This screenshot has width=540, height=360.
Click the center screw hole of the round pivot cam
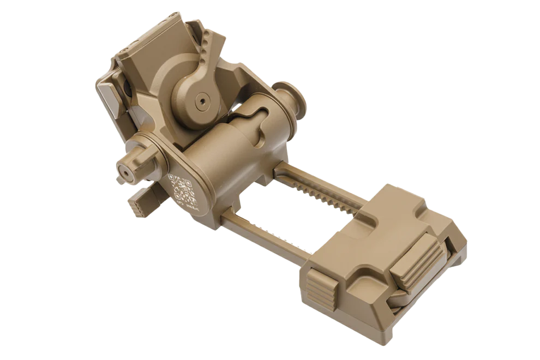click(x=203, y=101)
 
